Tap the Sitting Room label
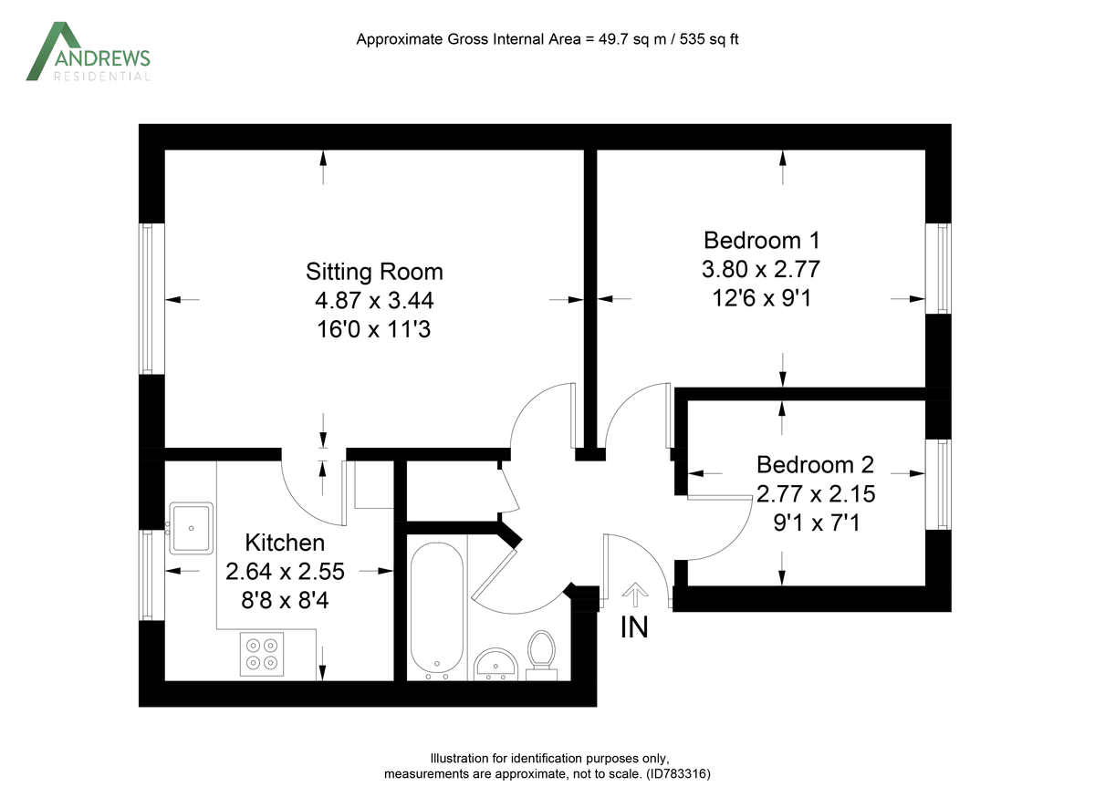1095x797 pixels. [374, 272]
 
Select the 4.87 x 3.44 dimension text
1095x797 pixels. [374, 300]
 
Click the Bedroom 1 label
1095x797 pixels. [761, 241]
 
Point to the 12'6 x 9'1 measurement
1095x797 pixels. [761, 298]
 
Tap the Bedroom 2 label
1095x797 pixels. [815, 465]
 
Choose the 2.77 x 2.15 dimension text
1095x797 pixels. [815, 494]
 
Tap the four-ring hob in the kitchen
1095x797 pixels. [261, 654]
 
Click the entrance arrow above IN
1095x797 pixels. [632, 595]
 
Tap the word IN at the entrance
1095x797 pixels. [634, 627]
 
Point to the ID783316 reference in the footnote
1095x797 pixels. [677, 773]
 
